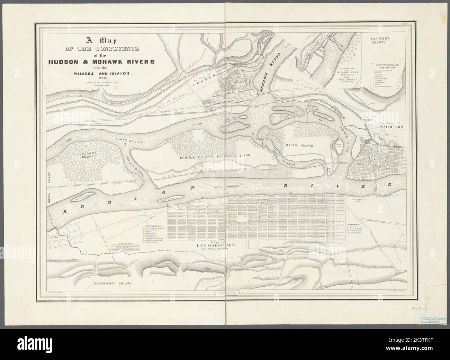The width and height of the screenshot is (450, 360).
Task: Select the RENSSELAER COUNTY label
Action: [114, 283]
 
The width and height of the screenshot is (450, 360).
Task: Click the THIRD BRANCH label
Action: [286, 159]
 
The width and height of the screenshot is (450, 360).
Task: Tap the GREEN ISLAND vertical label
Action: [49, 180]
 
